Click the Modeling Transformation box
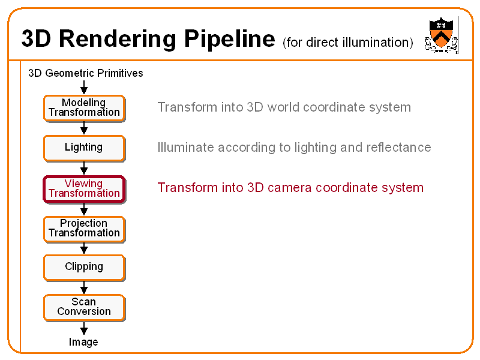84,108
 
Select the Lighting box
84,148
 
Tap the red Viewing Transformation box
84,188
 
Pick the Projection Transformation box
84,229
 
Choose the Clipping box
84,267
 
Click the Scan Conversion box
84,307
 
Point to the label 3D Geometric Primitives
86,73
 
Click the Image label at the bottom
83,342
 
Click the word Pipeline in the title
229,39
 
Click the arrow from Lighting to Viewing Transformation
84,169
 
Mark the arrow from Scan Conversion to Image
84,328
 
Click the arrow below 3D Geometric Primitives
84,88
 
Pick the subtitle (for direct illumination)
347,43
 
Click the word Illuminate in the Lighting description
185,148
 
